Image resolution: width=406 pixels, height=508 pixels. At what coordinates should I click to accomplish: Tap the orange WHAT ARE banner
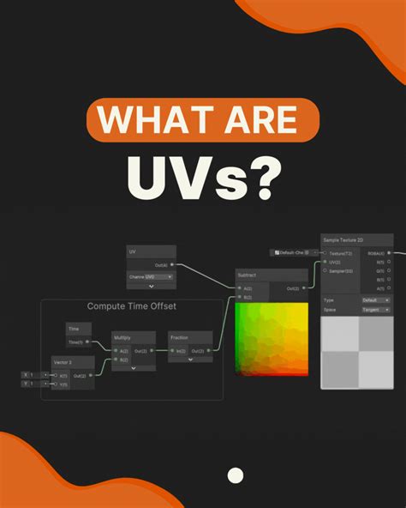(x=203, y=119)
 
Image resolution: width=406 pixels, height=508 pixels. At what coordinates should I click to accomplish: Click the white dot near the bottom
(x=236, y=475)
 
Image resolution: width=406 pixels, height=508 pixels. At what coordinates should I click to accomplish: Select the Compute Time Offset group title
(x=143, y=306)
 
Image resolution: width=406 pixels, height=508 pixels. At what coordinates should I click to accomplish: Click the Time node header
(x=78, y=329)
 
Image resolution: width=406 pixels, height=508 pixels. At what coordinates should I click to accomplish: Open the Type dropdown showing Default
(x=375, y=300)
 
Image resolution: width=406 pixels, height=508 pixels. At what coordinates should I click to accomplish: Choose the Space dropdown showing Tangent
(x=375, y=309)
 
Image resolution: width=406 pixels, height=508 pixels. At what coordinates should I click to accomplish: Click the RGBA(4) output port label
(x=375, y=253)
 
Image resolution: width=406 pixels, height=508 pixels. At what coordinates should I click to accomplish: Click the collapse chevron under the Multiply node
(x=134, y=367)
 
